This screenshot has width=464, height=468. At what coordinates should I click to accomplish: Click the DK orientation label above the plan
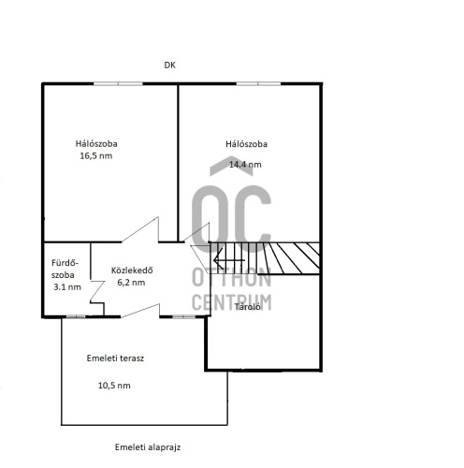[169, 66]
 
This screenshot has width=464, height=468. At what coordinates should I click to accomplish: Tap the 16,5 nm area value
[96, 155]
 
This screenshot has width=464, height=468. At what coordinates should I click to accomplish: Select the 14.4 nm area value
[245, 165]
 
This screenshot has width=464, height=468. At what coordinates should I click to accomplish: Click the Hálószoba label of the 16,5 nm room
[96, 144]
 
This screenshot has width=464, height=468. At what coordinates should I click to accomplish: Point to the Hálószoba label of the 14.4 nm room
[246, 144]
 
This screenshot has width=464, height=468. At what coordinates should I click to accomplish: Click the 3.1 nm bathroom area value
[67, 287]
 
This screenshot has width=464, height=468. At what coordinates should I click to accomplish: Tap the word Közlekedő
[132, 271]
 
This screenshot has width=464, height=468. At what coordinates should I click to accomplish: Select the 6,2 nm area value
[131, 283]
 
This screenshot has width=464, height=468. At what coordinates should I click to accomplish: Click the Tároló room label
[247, 307]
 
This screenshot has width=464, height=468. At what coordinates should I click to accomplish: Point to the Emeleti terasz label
[115, 358]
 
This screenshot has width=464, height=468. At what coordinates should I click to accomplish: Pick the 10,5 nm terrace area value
[114, 386]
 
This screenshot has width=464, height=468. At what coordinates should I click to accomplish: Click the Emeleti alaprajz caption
[148, 447]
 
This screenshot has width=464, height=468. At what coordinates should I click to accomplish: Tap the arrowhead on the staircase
[218, 259]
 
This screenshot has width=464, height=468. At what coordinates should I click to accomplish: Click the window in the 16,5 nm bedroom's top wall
[118, 83]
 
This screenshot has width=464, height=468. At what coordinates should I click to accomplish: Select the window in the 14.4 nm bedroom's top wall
[258, 83]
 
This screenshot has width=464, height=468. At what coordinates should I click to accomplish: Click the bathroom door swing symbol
[96, 291]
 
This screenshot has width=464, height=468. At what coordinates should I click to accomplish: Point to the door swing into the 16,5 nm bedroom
[140, 229]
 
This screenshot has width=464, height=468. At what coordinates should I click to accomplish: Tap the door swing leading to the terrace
[140, 311]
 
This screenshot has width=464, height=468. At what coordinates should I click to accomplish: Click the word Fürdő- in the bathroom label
[65, 263]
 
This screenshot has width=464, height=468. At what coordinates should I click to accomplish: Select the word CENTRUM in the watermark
[232, 302]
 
